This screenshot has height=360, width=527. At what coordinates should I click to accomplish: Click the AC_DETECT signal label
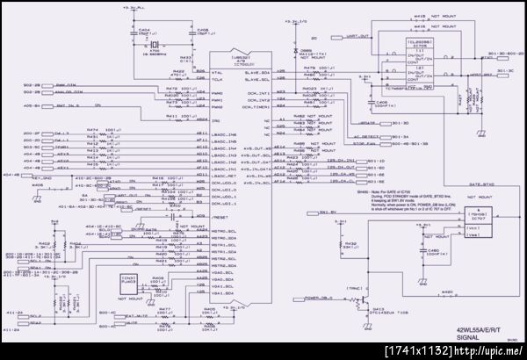click(x=365, y=136)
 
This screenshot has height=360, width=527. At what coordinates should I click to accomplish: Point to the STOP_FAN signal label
click(x=364, y=144)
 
